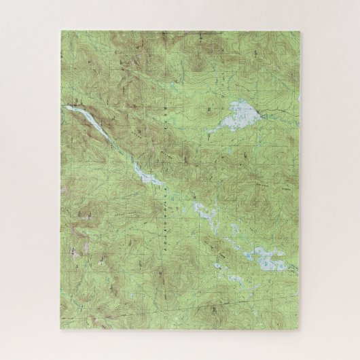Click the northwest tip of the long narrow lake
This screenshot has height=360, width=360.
67,106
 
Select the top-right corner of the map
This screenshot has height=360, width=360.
300,30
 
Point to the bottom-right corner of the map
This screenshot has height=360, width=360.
300,329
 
